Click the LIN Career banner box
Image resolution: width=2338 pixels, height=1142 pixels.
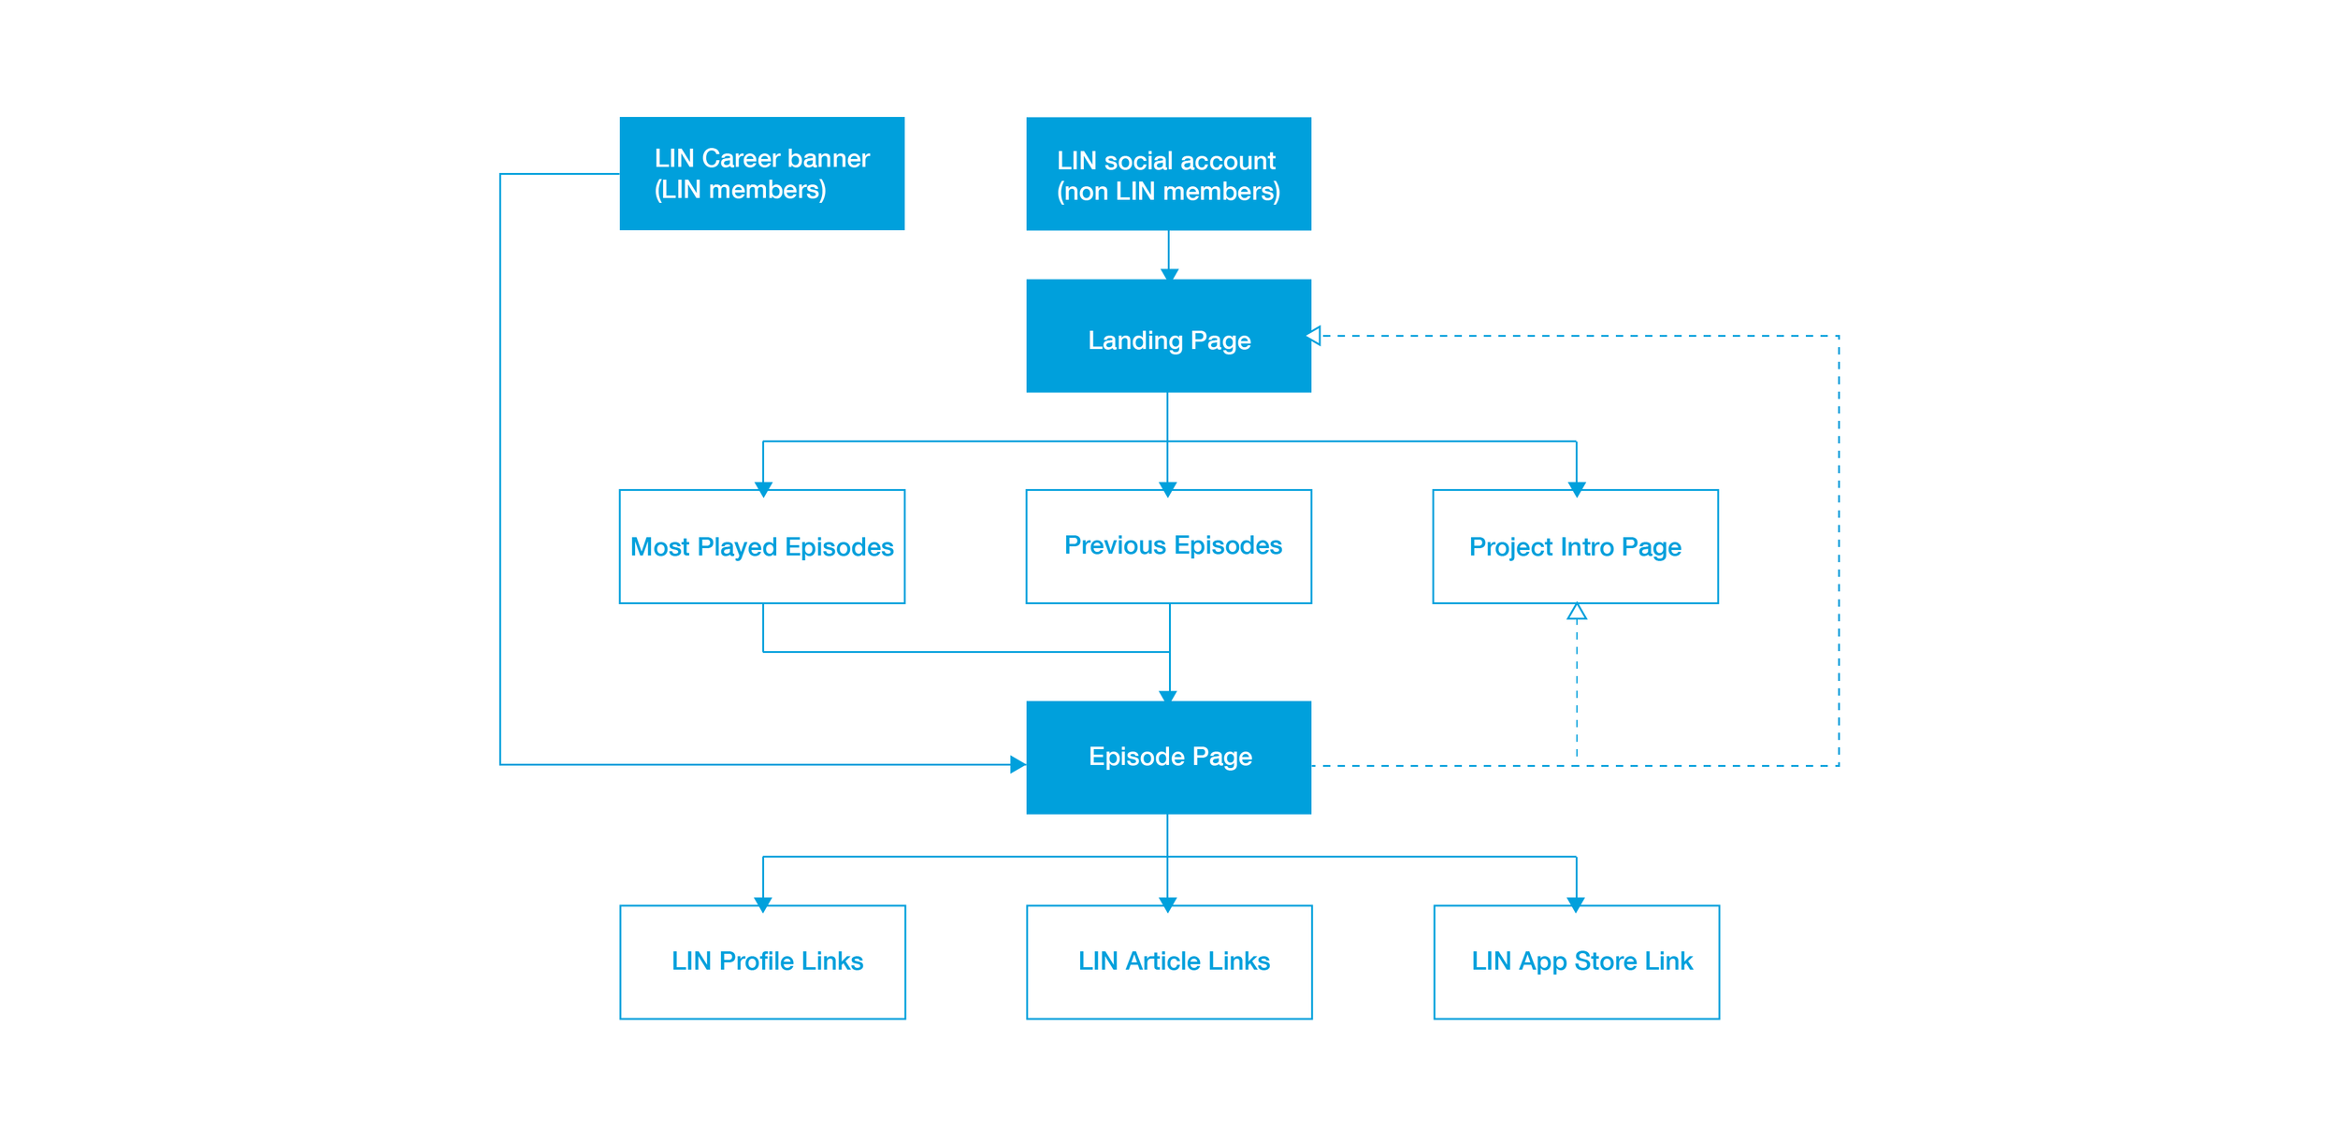point(761,173)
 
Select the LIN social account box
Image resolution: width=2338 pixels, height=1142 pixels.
point(1168,173)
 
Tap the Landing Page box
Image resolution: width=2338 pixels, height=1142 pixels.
point(1168,336)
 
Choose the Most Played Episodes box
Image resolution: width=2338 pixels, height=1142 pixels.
point(761,546)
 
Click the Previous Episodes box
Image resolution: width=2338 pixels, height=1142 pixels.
point(1168,546)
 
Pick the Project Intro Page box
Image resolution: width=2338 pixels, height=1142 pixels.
point(1575,546)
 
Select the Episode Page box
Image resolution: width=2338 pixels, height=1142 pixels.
point(1168,757)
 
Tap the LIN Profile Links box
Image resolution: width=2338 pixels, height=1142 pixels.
point(762,961)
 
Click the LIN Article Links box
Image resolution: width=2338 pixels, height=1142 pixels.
point(1169,961)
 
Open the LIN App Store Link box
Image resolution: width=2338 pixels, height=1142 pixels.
point(1576,961)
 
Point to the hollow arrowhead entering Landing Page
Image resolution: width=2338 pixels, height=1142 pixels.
point(1314,336)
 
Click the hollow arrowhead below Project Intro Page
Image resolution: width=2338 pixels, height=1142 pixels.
point(1577,613)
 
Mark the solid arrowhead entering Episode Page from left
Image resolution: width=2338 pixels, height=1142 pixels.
point(1017,764)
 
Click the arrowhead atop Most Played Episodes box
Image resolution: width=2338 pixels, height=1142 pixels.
point(763,488)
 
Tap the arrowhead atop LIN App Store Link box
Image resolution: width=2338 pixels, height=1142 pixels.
point(1576,903)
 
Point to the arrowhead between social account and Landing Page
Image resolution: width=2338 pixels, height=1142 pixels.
point(1169,274)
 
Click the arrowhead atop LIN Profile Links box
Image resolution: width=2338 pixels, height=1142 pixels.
point(763,903)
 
